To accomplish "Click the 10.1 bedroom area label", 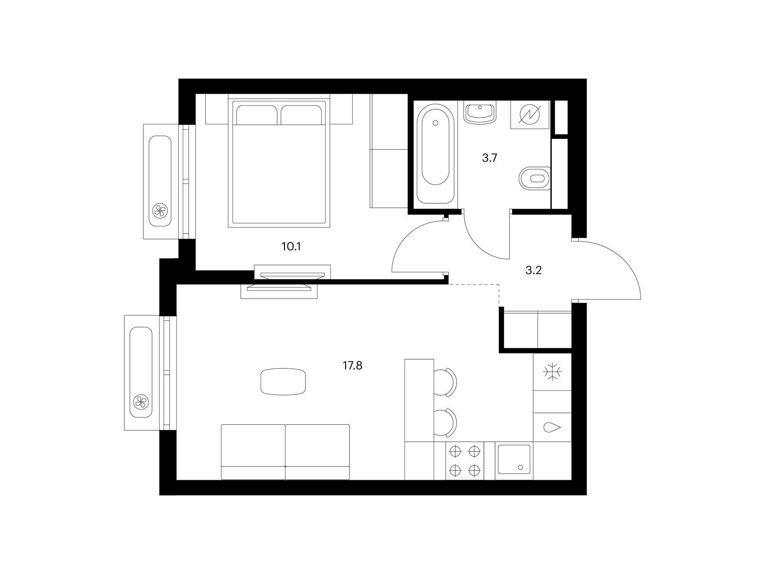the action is pyautogui.click(x=291, y=247).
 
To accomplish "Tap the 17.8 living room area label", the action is pyautogui.click(x=352, y=365).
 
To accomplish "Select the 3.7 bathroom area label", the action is pyautogui.click(x=489, y=158).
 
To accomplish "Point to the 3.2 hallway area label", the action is pyautogui.click(x=533, y=270).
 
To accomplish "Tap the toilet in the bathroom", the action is pyautogui.click(x=535, y=178).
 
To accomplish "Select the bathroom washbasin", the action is pyautogui.click(x=480, y=112).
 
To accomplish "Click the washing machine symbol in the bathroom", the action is pyautogui.click(x=530, y=115).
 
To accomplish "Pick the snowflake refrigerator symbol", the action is pyautogui.click(x=553, y=372).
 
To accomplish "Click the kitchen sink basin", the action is pyautogui.click(x=514, y=459).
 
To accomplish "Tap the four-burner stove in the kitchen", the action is pyautogui.click(x=465, y=461).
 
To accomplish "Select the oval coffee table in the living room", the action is pyautogui.click(x=284, y=382).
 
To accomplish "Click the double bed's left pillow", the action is pyautogui.click(x=257, y=115).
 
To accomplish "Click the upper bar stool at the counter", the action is pyautogui.click(x=445, y=382).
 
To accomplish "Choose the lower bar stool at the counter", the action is pyautogui.click(x=445, y=422).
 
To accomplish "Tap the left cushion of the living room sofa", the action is pyautogui.click(x=253, y=452).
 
